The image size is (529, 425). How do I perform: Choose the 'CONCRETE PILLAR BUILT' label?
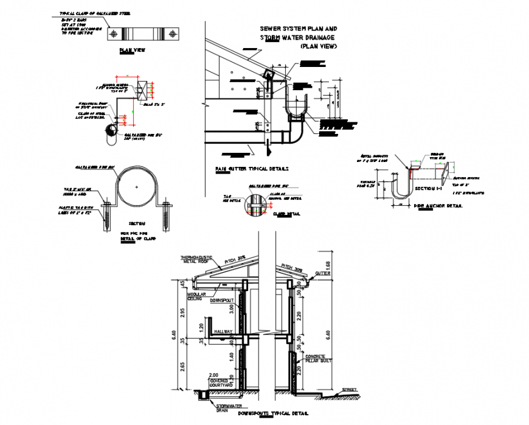[x=316, y=359]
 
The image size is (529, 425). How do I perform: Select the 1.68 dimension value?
[x=328, y=264]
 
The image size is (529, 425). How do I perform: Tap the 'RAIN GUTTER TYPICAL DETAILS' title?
[x=251, y=169]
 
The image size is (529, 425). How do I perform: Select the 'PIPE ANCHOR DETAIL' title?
[x=438, y=206]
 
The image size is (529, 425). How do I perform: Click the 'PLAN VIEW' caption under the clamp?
[x=132, y=51]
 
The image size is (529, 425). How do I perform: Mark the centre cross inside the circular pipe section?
[x=137, y=186]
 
